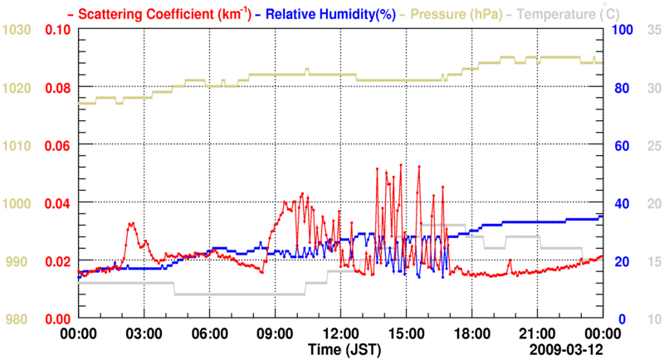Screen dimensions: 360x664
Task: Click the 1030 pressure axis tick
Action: point(17,30)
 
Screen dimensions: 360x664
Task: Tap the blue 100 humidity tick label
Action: point(622,30)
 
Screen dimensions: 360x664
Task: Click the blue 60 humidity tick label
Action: point(619,145)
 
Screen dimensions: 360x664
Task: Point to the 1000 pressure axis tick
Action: point(17,203)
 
